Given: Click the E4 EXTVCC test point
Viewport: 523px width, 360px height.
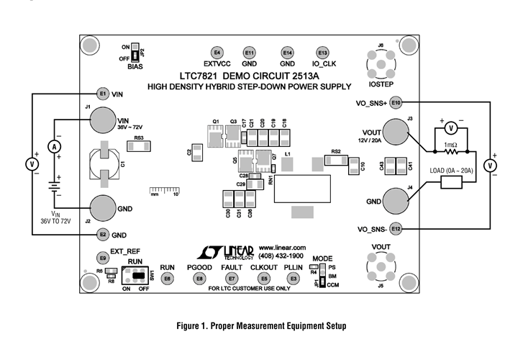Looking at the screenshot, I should tap(217, 53).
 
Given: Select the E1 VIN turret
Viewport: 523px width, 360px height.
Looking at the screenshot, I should tap(103, 93).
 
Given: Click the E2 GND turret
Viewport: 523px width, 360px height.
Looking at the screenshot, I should tap(103, 234).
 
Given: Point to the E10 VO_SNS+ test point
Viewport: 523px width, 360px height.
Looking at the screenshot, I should tap(396, 103).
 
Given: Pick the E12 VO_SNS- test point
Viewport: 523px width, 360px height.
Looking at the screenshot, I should tap(396, 228).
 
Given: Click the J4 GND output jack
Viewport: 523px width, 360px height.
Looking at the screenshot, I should tap(395, 201).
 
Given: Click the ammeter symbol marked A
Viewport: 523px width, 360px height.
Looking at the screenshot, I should tap(53, 146).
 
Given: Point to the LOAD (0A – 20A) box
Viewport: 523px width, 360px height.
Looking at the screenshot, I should tap(451, 181).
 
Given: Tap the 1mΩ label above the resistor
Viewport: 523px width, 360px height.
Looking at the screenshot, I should tap(450, 145).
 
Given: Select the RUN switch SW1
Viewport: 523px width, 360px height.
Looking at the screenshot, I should tap(141, 276).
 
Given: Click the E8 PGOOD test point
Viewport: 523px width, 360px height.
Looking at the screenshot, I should tap(199, 278).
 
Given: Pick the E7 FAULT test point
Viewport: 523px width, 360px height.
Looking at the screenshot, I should tap(231, 278).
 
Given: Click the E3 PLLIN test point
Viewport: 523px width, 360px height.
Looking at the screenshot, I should tap(293, 278).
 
